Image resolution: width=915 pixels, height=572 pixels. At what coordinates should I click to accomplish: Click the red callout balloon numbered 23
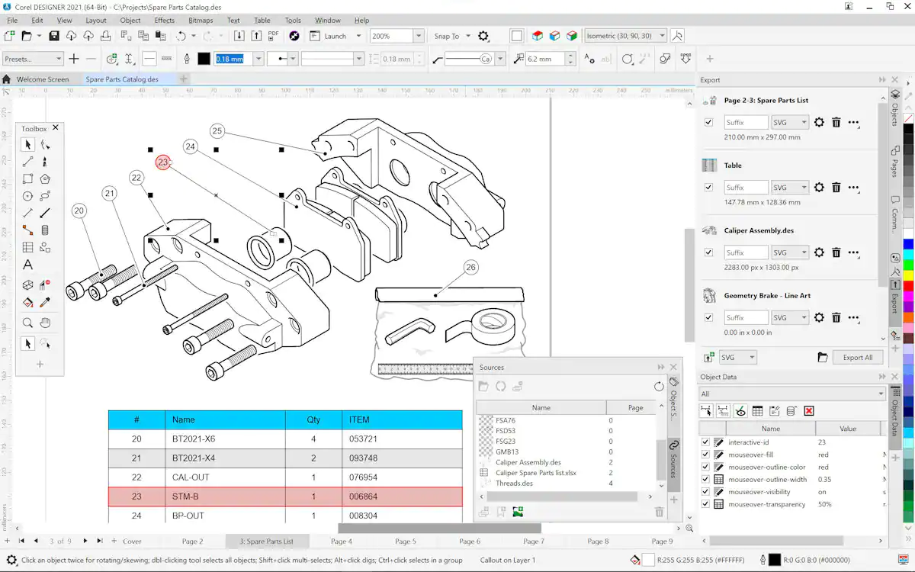(162, 162)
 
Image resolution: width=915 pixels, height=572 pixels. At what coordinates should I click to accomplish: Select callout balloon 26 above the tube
(470, 267)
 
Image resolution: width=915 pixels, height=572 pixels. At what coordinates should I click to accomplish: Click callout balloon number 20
(79, 210)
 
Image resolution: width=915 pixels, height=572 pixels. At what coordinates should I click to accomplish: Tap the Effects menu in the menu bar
(164, 21)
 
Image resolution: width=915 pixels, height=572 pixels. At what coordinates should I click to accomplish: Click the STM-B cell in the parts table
(185, 496)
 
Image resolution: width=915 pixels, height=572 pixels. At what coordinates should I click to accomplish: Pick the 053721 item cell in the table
(363, 439)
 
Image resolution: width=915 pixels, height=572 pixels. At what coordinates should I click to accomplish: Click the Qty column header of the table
(313, 419)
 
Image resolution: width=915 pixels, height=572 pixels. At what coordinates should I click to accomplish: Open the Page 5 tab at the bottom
(406, 541)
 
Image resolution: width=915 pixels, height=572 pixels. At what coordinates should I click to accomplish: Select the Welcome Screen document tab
(43, 79)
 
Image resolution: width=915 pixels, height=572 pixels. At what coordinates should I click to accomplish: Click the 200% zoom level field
(390, 36)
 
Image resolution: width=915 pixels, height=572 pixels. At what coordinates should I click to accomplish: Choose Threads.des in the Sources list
(514, 483)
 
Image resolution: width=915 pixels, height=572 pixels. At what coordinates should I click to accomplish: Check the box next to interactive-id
(705, 442)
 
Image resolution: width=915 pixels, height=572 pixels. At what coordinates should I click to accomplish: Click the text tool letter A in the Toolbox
(27, 265)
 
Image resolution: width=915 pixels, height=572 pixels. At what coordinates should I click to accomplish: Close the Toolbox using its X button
(55, 128)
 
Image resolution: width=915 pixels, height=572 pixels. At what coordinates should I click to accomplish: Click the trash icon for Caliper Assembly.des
(836, 252)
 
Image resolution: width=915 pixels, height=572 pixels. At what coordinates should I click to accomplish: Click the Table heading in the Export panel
(733, 165)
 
